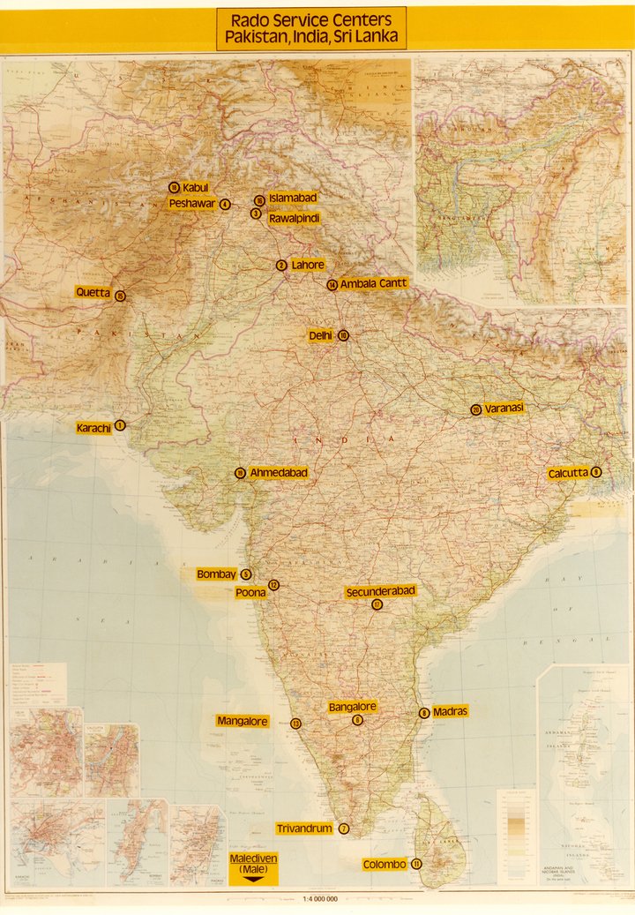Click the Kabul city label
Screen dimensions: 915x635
pos(195,187)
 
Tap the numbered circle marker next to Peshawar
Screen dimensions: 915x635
pos(226,204)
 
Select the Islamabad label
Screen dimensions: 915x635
pos(293,198)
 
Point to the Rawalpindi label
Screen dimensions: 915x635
pos(294,217)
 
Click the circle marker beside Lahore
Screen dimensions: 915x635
pos(281,265)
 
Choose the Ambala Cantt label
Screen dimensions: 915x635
pos(373,283)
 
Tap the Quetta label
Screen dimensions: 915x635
pos(93,292)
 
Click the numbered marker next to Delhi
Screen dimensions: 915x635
pos(343,335)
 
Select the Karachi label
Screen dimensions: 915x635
pos(94,428)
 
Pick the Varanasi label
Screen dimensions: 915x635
pos(504,408)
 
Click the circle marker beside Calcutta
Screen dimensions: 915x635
pos(597,472)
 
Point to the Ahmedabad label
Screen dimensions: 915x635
pos(279,473)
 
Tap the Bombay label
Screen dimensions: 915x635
pos(217,574)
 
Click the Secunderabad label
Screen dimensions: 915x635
pos(380,590)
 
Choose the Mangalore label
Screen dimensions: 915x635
pos(243,721)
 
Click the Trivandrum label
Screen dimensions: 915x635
pos(304,829)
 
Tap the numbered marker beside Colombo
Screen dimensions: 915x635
pos(416,864)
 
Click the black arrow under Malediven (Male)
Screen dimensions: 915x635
pos(254,879)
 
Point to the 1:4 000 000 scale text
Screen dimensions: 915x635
pos(320,898)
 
